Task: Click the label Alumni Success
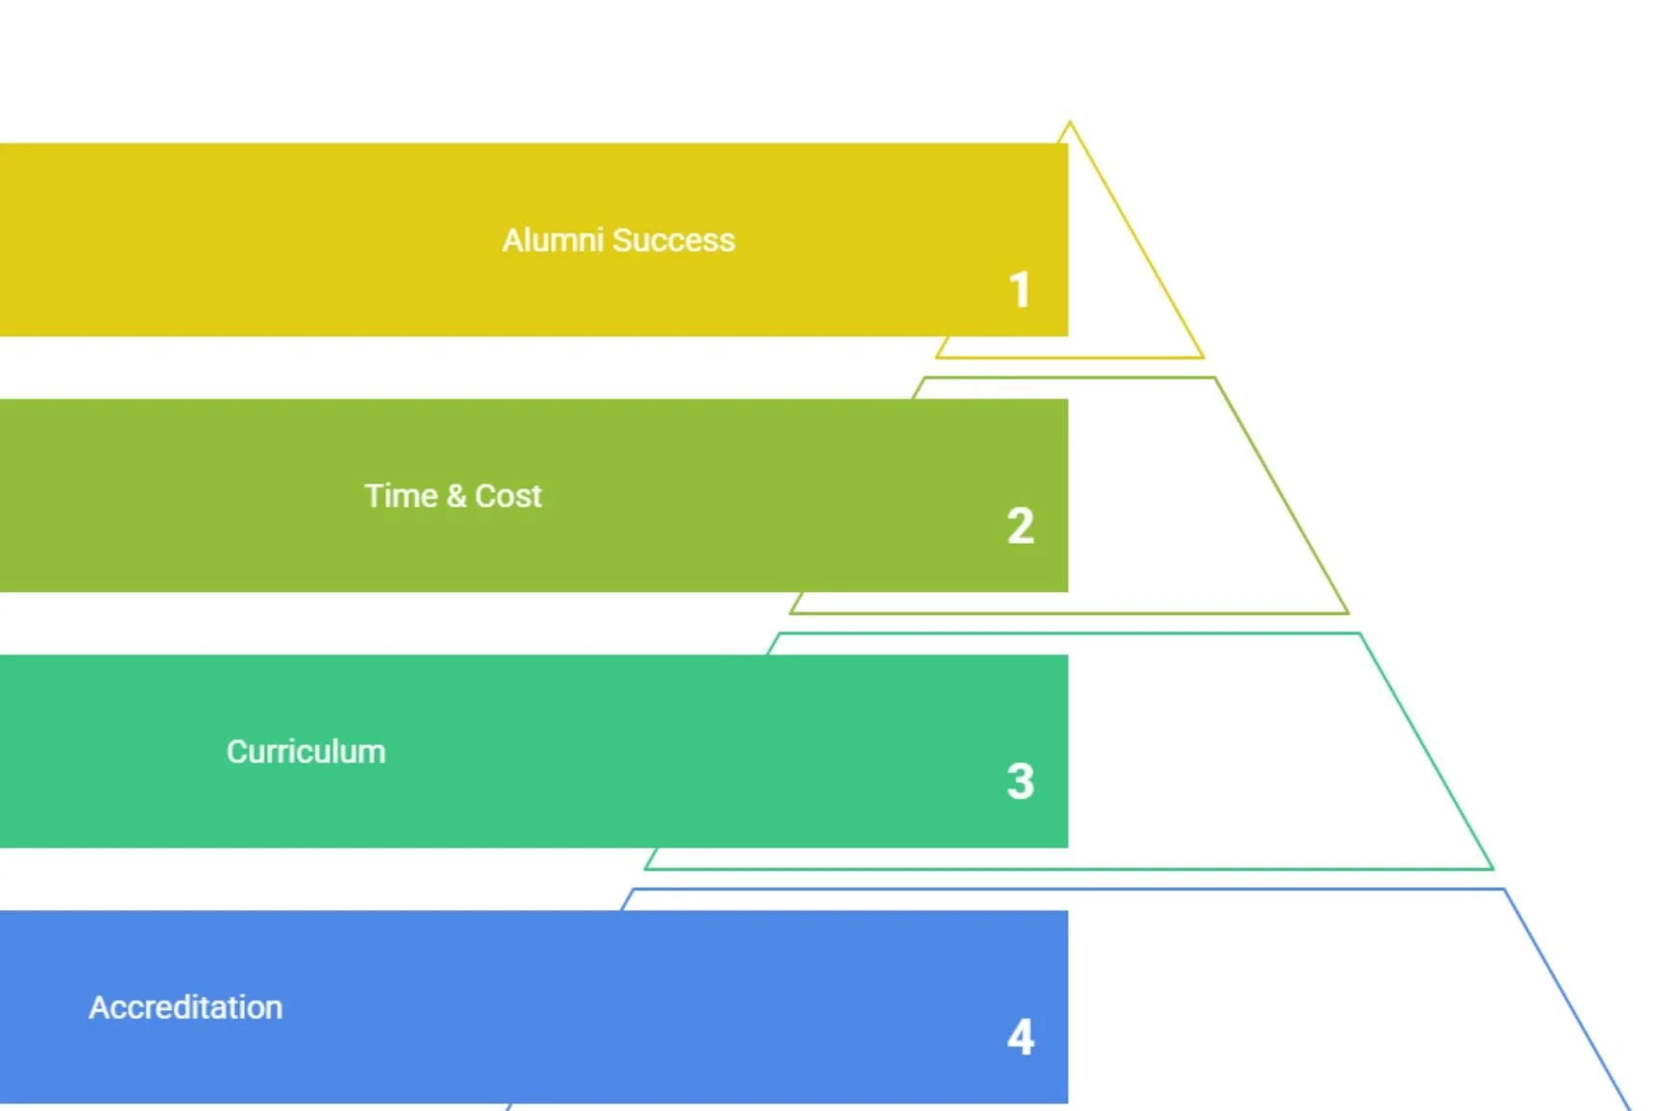coord(618,240)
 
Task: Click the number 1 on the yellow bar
coord(1020,290)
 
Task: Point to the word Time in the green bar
coord(401,496)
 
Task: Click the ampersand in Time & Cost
coord(456,496)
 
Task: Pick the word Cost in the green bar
coord(508,496)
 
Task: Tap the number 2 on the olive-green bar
coord(1020,527)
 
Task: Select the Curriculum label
coord(306,752)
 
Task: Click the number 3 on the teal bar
coord(1020,781)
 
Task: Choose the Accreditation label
coord(185,1007)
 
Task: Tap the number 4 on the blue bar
coord(1020,1037)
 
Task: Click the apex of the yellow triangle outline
coord(1070,124)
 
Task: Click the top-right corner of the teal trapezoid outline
coord(1359,634)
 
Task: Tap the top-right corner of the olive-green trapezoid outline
coord(1215,379)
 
